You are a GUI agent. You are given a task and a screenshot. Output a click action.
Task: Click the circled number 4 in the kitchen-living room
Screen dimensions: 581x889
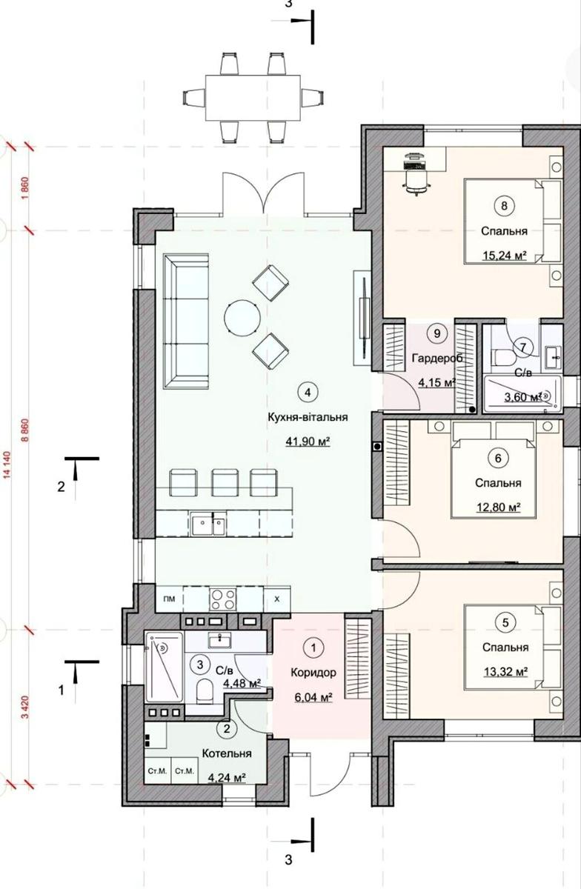tap(308, 392)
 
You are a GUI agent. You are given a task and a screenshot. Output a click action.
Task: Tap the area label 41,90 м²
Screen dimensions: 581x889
tap(308, 441)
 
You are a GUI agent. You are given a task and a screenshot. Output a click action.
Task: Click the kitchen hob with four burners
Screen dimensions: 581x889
tap(223, 599)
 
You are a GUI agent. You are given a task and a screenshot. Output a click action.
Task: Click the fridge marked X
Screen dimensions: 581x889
tap(277, 599)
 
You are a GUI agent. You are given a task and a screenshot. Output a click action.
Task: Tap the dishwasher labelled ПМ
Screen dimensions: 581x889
tap(169, 599)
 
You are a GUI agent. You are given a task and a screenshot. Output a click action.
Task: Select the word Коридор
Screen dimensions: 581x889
tap(313, 673)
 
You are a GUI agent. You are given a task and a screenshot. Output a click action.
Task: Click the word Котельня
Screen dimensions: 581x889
tap(227, 765)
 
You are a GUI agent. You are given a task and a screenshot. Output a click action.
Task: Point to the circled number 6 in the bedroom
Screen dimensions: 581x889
tap(498, 459)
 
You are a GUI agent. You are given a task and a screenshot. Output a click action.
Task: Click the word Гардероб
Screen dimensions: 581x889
tap(437, 359)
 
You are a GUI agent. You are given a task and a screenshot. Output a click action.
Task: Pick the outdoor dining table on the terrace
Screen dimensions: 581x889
tap(253, 98)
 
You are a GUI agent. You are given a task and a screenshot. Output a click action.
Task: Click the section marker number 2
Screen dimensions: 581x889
tap(61, 487)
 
